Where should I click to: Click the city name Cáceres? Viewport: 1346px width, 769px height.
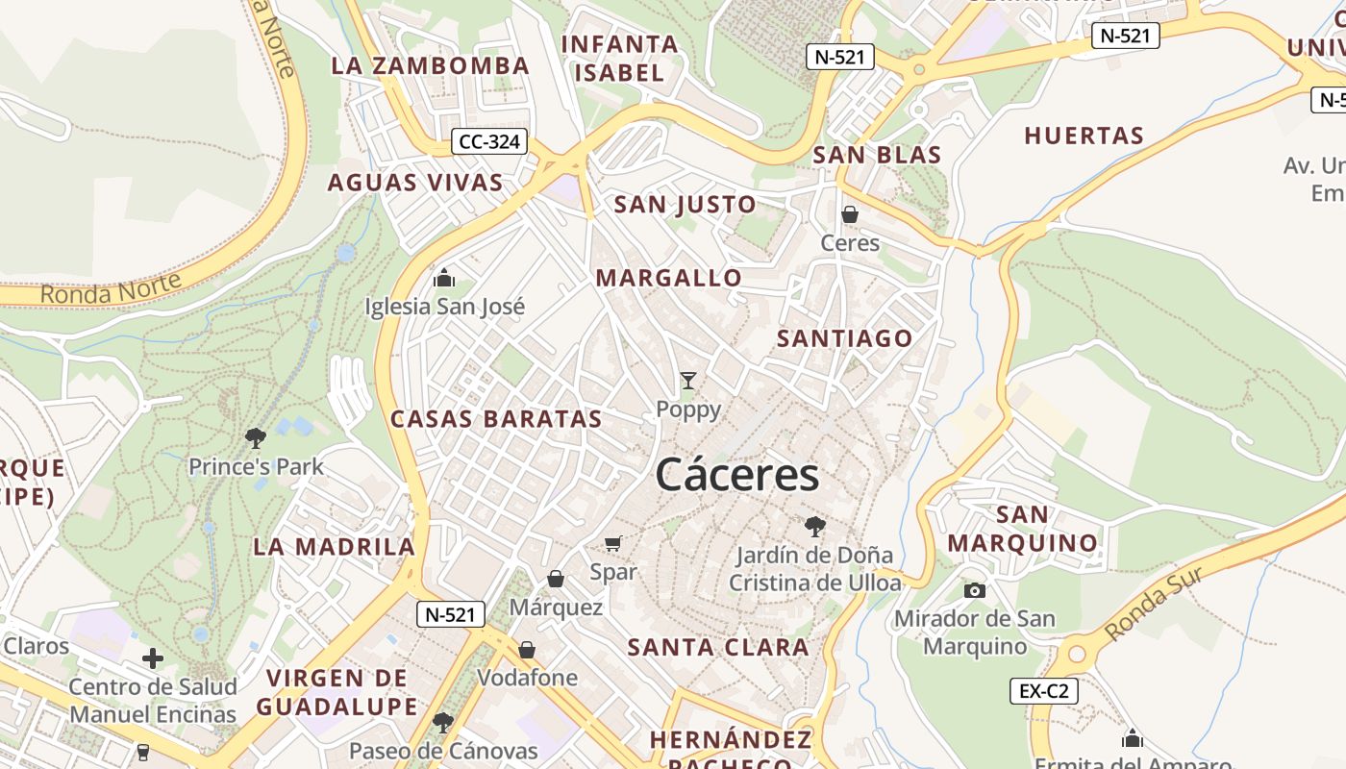(737, 475)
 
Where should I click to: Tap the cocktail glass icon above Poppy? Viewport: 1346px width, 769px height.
(687, 381)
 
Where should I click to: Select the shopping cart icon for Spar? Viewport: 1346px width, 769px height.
(613, 544)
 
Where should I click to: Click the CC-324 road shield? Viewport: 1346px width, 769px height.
(489, 142)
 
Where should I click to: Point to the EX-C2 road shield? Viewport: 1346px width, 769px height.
(1043, 690)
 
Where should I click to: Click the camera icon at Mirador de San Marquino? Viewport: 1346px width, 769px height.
(974, 590)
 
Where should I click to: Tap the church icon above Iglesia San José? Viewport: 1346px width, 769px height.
(444, 278)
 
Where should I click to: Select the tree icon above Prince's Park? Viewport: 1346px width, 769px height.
(255, 438)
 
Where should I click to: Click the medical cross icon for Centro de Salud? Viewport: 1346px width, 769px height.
(152, 658)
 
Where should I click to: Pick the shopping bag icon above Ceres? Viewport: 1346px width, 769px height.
(849, 214)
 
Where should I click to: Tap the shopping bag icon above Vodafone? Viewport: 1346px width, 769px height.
(527, 650)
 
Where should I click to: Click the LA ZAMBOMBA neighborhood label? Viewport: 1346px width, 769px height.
(430, 65)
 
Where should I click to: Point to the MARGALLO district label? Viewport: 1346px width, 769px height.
(669, 278)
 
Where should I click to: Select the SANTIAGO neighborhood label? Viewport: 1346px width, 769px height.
(844, 338)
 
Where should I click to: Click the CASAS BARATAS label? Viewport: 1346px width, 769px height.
(496, 419)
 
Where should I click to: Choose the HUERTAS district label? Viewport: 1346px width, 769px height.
(1084, 136)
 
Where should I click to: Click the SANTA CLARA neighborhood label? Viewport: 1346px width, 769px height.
(718, 647)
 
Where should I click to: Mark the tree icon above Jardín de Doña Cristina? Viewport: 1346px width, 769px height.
(814, 526)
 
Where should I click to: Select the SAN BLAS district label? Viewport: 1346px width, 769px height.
(877, 155)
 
